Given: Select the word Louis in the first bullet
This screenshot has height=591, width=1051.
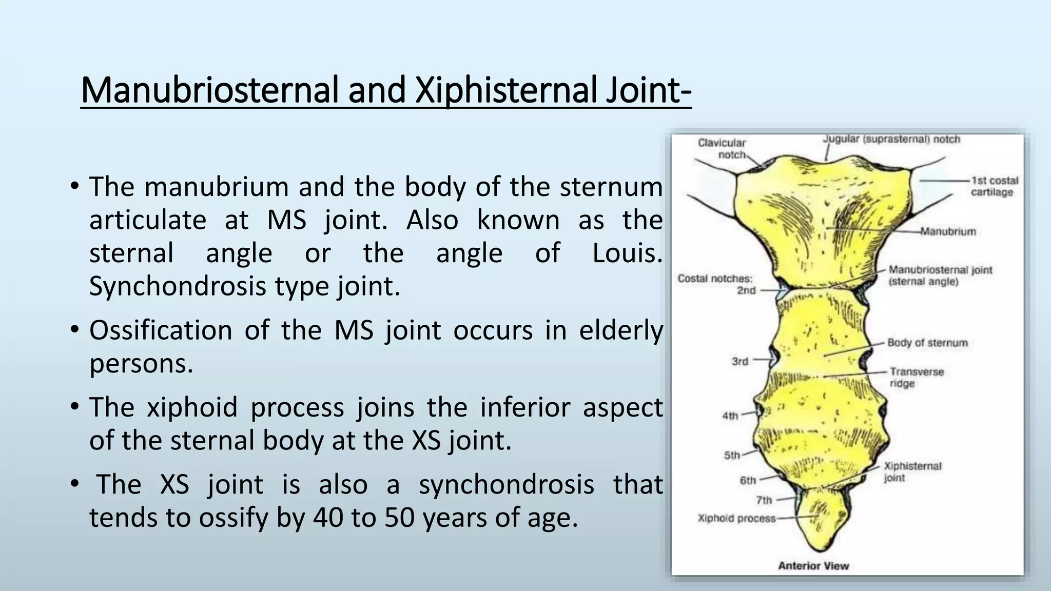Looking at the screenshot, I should coord(627,253).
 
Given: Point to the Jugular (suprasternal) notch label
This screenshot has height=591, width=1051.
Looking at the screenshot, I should coord(891,140).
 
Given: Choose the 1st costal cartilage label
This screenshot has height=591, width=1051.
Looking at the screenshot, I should coord(994,186).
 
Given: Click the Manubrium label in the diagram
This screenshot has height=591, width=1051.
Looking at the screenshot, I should coord(948,232).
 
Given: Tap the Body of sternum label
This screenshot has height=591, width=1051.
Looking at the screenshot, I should coord(927,343).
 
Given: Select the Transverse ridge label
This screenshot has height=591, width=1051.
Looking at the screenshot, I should coord(917,377).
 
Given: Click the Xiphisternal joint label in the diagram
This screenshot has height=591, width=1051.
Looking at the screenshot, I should coord(912,472).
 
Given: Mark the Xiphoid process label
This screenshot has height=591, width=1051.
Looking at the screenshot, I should coord(736,518).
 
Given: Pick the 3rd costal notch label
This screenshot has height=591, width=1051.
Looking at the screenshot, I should coord(740,362).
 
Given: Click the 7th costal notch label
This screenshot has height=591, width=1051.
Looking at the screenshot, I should coord(764,500).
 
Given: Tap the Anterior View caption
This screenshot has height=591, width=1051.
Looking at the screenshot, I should coord(813,566).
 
